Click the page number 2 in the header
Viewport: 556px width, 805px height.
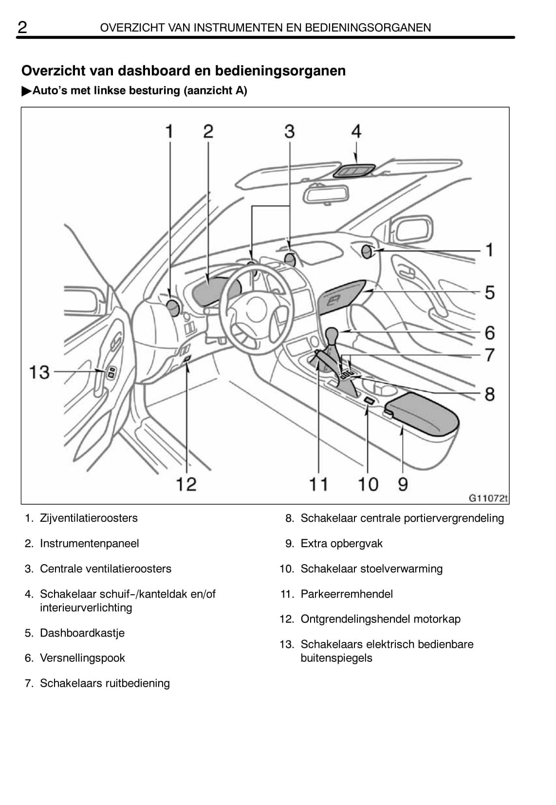pyautogui.click(x=22, y=27)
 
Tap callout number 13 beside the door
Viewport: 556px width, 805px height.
pyautogui.click(x=39, y=372)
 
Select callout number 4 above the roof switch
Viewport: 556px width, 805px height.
pyautogui.click(x=356, y=131)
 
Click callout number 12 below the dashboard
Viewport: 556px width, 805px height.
pyautogui.click(x=186, y=484)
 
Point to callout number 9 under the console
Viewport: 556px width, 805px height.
pyautogui.click(x=403, y=484)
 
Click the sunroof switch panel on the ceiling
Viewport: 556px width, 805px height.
pyautogui.click(x=354, y=170)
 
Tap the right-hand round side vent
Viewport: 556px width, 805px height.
pyautogui.click(x=368, y=252)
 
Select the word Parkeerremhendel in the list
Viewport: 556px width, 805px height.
pyautogui.click(x=347, y=594)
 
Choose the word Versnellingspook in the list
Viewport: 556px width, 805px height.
pyautogui.click(x=82, y=658)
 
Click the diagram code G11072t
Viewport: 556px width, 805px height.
pyautogui.click(x=488, y=498)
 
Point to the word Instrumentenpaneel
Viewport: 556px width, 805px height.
pyautogui.click(x=90, y=543)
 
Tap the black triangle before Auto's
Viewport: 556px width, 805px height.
pyautogui.click(x=26, y=91)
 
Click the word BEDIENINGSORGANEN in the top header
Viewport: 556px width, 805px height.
pyautogui.click(x=368, y=28)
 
